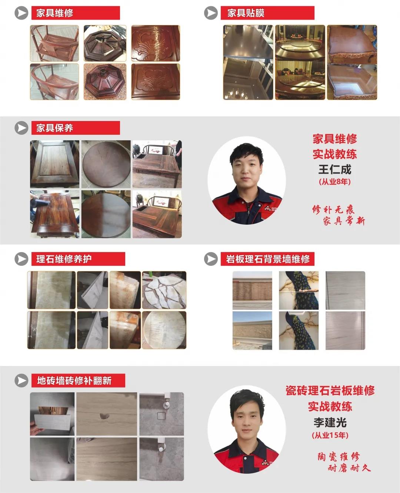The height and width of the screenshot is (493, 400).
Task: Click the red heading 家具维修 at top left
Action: tap(55, 13)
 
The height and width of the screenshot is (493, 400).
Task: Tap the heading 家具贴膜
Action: tap(246, 13)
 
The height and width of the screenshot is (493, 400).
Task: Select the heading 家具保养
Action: tap(55, 128)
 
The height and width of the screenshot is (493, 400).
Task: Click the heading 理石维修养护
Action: tap(64, 259)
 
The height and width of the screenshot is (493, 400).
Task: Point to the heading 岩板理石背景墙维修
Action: tap(268, 259)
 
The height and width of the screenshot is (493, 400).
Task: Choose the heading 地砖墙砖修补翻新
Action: tap(74, 380)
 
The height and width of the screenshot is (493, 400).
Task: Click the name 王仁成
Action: tap(335, 170)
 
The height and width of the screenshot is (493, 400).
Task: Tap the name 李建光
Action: tap(330, 422)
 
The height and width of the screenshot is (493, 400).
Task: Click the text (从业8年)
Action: tap(335, 182)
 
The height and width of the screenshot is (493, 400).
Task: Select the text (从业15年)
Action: tap(330, 435)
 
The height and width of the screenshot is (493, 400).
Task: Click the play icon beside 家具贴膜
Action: tap(211, 13)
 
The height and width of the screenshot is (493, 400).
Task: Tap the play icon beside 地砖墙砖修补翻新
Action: tap(21, 380)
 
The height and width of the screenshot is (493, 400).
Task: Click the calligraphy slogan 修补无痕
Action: tap(333, 210)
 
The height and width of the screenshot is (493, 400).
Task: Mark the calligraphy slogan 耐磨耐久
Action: tap(349, 468)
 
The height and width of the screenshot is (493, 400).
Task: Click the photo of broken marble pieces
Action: tap(164, 290)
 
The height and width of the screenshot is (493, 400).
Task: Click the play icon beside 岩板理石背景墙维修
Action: tap(211, 259)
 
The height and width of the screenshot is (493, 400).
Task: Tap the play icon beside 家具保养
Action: tap(21, 128)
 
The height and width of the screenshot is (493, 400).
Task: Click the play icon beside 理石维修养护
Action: tap(21, 259)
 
